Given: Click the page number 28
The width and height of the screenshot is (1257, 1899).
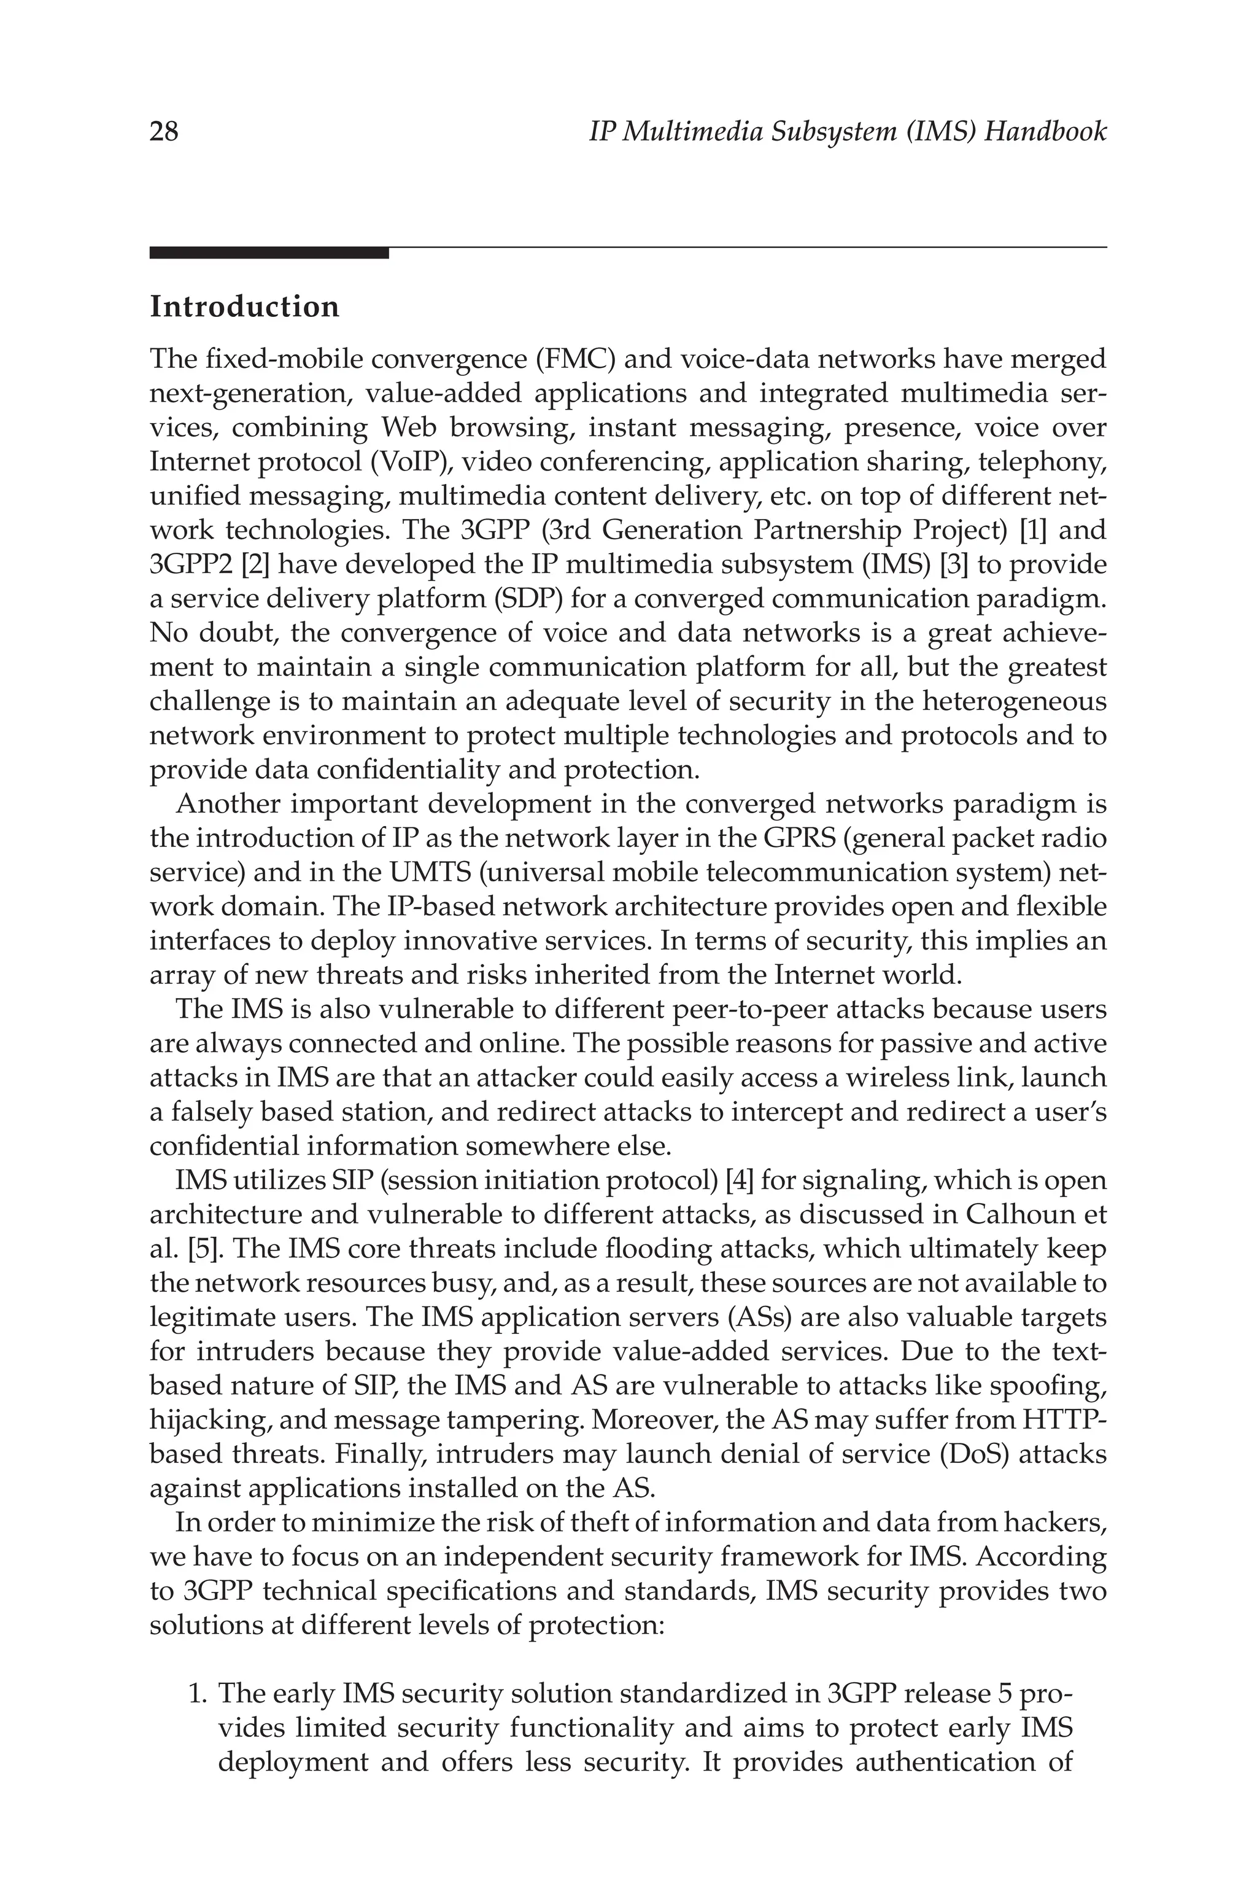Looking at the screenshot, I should [x=164, y=131].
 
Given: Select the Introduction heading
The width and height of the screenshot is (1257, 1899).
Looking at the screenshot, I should [x=244, y=307].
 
